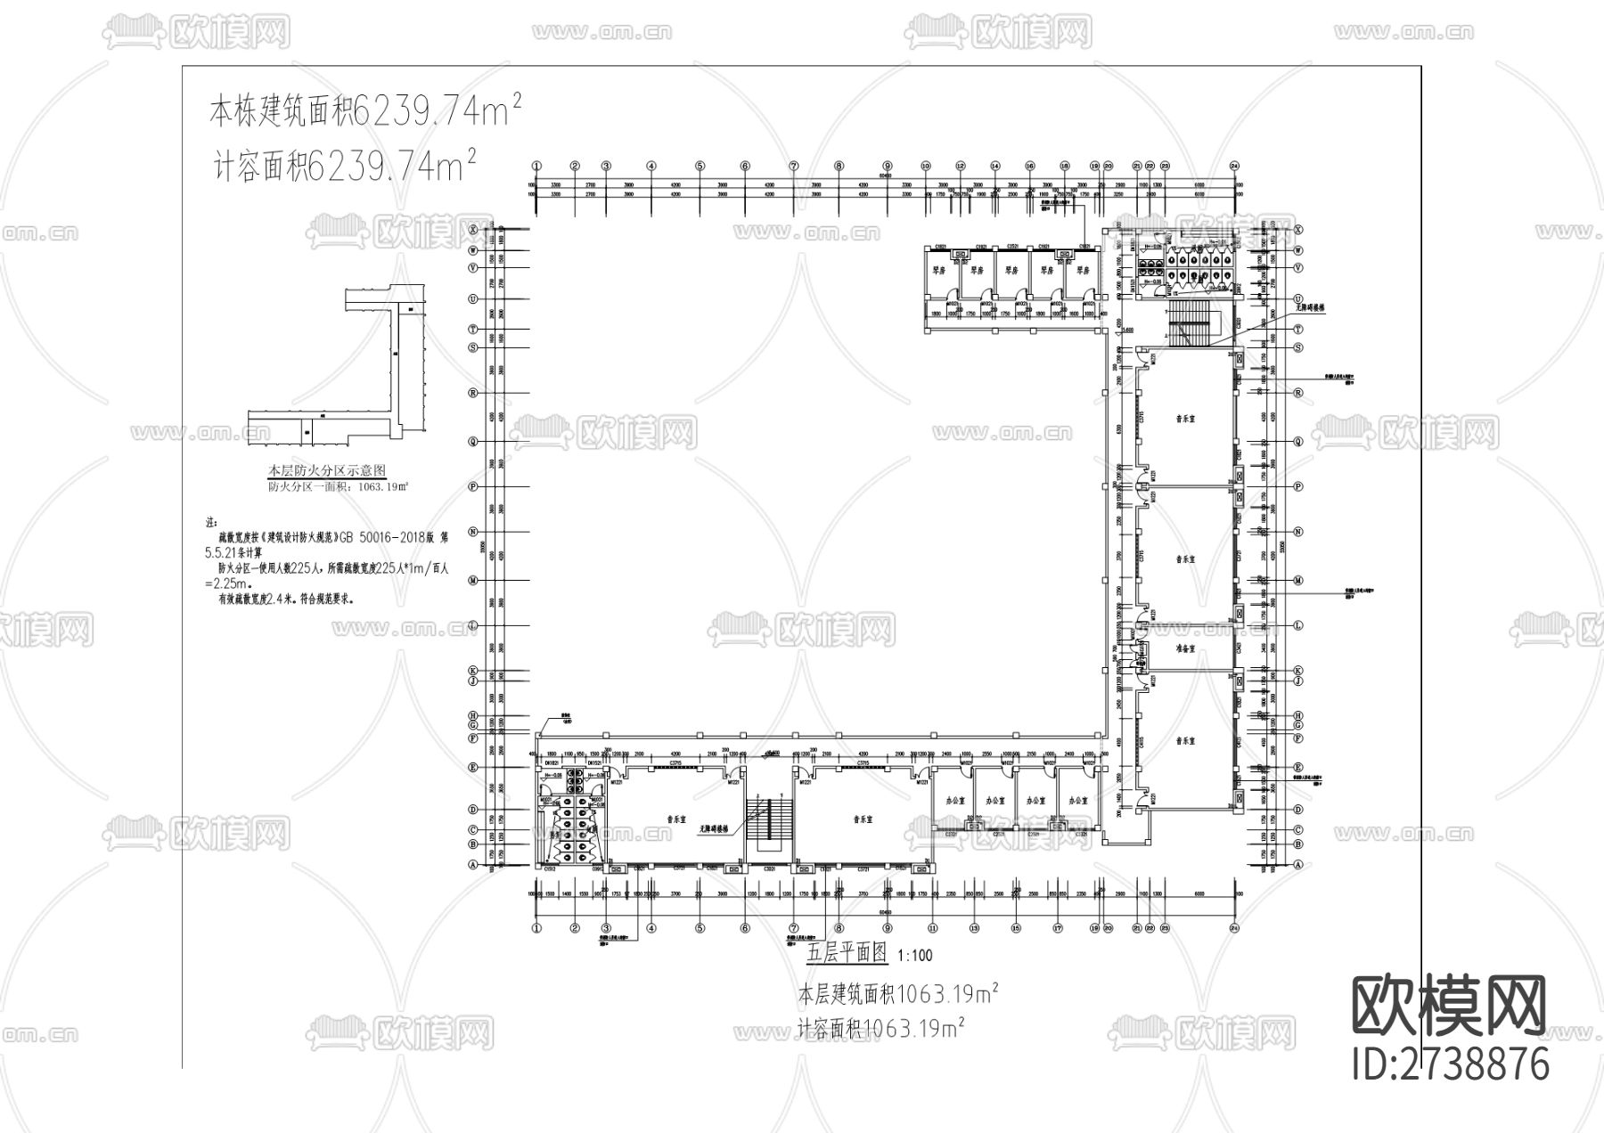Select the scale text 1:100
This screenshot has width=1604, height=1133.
[915, 956]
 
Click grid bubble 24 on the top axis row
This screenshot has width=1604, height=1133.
[1235, 166]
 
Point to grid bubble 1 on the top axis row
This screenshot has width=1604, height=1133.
[536, 166]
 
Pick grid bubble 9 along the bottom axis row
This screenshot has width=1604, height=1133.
[887, 928]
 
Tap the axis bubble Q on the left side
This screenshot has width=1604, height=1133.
[473, 440]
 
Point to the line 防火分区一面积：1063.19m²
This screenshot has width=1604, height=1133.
[339, 487]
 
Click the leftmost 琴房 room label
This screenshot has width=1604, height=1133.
[938, 270]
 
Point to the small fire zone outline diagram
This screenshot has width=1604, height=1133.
[339, 364]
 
